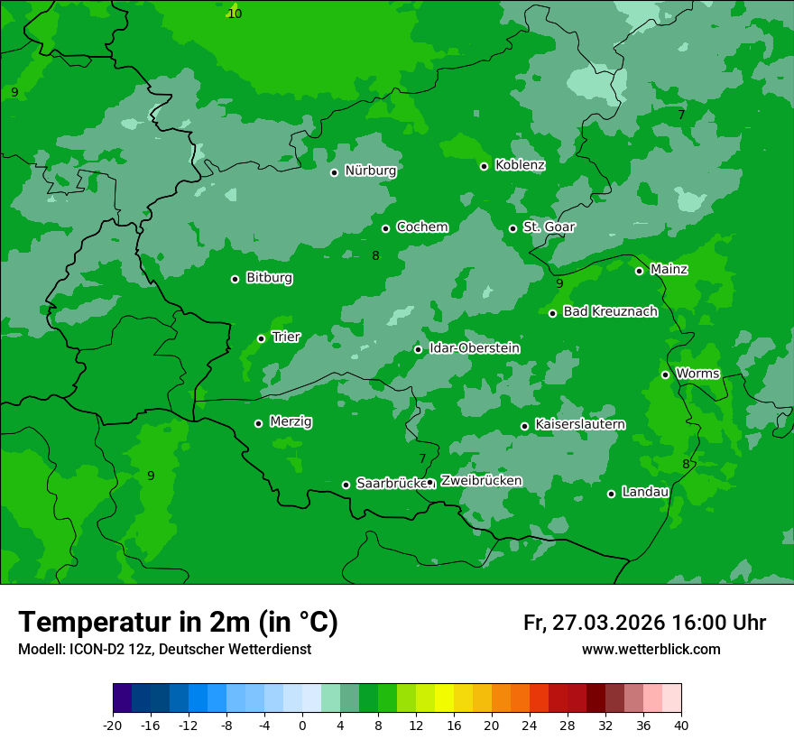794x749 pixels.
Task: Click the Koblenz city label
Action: point(520,165)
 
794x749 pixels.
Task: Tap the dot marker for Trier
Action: point(262,338)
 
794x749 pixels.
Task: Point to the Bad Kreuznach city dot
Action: point(553,313)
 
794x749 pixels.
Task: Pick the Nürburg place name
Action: point(370,171)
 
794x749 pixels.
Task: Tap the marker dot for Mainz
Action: point(639,271)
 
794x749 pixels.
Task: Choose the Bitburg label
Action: point(269,278)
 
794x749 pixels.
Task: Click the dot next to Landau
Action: point(612,494)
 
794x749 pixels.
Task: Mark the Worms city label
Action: point(697,374)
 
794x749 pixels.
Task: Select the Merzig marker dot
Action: point(259,423)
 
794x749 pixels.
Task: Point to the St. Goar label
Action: point(549,227)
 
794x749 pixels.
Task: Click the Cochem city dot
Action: point(386,228)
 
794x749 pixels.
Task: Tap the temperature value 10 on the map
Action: point(235,14)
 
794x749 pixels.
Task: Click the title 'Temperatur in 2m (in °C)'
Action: point(178,623)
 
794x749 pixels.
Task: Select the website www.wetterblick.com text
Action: point(651,650)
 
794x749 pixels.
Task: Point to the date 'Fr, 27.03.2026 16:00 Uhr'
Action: point(644,623)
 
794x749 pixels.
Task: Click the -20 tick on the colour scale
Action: point(113,726)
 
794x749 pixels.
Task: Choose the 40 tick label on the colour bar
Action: point(681,726)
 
